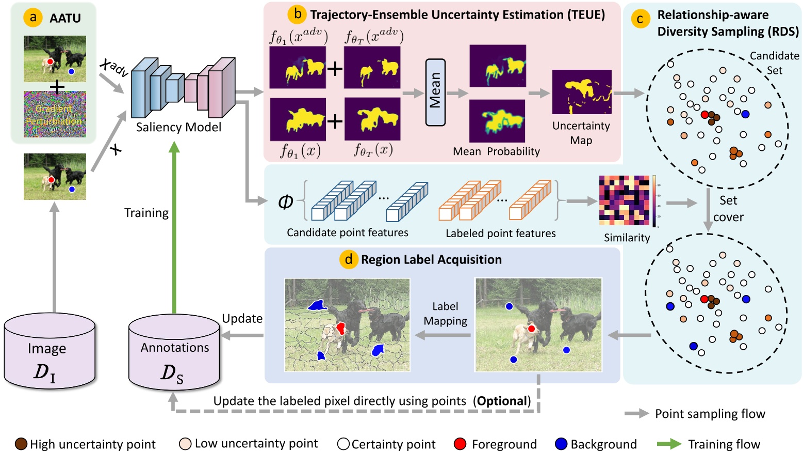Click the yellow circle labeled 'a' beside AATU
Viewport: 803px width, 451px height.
33,18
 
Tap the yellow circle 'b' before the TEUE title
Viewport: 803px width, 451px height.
298,14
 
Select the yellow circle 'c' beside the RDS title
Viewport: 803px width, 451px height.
641,20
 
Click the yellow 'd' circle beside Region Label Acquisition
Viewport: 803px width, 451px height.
349,259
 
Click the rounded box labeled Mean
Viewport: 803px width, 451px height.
435,92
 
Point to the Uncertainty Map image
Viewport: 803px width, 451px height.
581,92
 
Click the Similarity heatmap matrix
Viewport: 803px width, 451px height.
624,200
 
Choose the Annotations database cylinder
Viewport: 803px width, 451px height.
174,352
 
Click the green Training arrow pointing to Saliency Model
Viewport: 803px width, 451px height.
174,227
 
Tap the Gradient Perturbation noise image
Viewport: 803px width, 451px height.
55,114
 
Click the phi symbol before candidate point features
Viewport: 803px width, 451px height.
285,202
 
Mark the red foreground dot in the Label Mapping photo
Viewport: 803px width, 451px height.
531,329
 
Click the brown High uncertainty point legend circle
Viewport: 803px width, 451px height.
21,444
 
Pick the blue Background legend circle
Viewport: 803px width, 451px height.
561,444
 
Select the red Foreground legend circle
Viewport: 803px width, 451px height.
460,444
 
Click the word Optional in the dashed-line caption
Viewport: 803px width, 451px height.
502,401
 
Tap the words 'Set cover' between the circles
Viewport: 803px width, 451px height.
728,209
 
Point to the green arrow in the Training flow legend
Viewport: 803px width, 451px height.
669,444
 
